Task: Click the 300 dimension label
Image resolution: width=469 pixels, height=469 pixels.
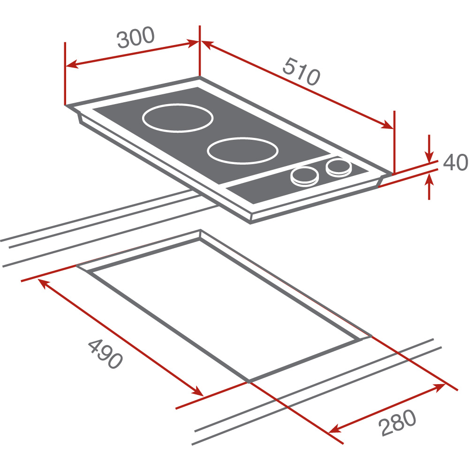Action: (x=136, y=37)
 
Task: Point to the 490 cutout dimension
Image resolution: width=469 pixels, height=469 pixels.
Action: (x=105, y=354)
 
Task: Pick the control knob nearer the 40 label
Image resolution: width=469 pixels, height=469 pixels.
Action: (x=339, y=168)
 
